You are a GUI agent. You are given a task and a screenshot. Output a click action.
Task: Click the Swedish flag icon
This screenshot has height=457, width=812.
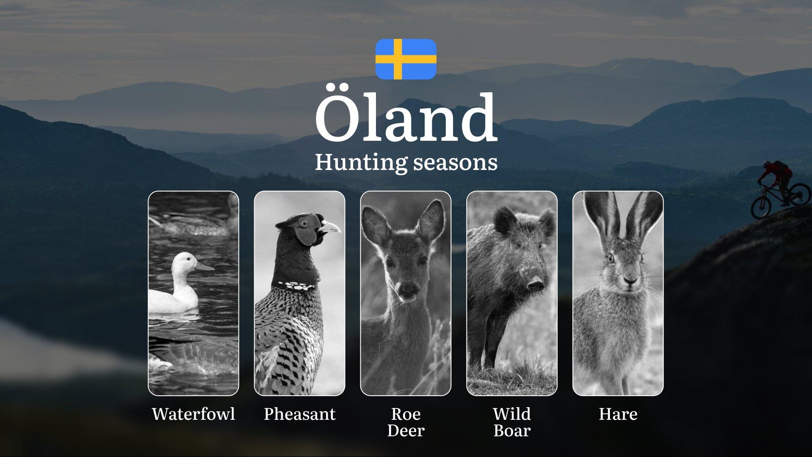click(x=406, y=59)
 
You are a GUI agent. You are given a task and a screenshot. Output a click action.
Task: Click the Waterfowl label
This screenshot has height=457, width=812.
click(x=193, y=414)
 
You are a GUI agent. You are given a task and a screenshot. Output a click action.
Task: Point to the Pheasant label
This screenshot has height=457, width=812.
click(x=300, y=414)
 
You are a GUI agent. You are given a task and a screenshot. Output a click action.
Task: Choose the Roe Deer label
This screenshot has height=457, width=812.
click(x=406, y=422)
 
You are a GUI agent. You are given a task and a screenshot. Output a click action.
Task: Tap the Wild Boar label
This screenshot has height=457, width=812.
click(x=512, y=422)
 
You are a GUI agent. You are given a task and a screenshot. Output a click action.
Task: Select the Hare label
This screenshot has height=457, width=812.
click(x=618, y=414)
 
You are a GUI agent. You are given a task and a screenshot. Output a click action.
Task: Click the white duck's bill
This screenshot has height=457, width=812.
click(x=205, y=267)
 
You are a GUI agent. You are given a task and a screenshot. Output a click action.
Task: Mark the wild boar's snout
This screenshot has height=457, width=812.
click(x=535, y=284)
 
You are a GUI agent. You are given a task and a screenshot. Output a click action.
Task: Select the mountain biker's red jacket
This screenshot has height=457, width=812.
click(x=775, y=172)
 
